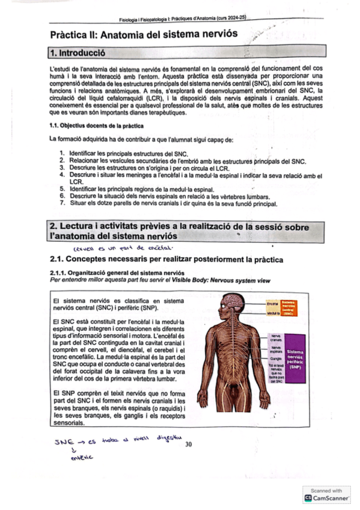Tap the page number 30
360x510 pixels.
pos(189,444)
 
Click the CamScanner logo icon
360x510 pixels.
pos(308,498)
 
